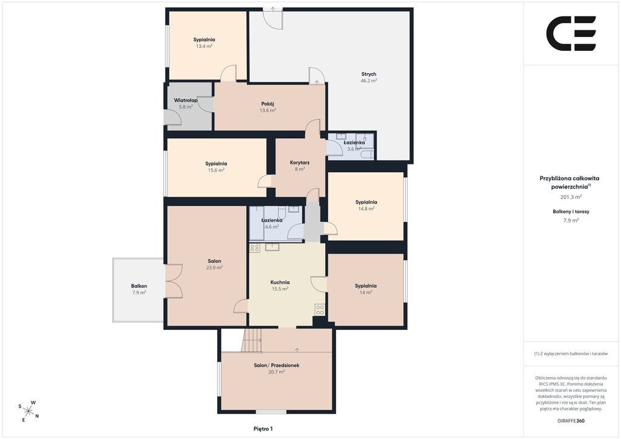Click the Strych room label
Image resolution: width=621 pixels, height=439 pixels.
pyautogui.click(x=368, y=74)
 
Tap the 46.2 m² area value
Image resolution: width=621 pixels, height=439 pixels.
pyautogui.click(x=368, y=81)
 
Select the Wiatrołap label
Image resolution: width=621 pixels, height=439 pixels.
pyautogui.click(x=186, y=100)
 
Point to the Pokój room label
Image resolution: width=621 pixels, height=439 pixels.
pyautogui.click(x=267, y=104)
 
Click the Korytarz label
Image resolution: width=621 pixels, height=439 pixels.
pyautogui.click(x=300, y=163)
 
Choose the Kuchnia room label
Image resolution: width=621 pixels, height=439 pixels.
pyautogui.click(x=280, y=282)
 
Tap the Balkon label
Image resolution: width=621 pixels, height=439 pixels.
pyautogui.click(x=139, y=286)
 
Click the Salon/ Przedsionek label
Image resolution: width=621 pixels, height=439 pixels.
pyautogui.click(x=277, y=366)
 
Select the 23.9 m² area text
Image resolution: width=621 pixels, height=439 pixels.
pyautogui.click(x=214, y=267)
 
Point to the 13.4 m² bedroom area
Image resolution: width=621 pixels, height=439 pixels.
pyautogui.click(x=204, y=46)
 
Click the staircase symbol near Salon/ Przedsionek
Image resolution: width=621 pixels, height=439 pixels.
pyautogui.click(x=252, y=340)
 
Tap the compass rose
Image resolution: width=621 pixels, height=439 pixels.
pyautogui.click(x=29, y=411)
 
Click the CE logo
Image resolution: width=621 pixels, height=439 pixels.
pyautogui.click(x=571, y=33)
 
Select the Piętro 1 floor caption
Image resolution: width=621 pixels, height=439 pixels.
pyautogui.click(x=263, y=429)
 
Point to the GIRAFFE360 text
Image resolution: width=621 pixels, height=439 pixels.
pyautogui.click(x=571, y=421)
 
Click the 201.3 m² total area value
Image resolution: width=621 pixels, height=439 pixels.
pyautogui.click(x=571, y=196)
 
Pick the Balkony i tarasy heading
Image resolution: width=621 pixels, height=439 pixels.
pyautogui.click(x=571, y=212)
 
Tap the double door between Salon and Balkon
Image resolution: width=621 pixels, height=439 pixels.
pyautogui.click(x=173, y=281)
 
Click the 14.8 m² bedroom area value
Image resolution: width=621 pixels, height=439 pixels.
pyautogui.click(x=366, y=209)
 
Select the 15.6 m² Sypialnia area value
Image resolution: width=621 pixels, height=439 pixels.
pyautogui.click(x=217, y=170)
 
